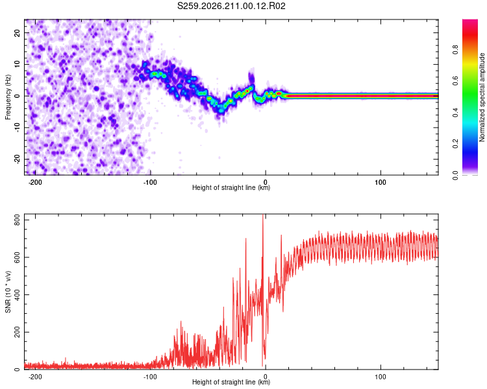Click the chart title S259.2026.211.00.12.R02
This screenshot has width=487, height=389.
click(x=231, y=6)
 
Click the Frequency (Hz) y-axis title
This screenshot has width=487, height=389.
click(x=8, y=97)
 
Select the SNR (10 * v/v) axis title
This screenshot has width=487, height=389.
click(x=8, y=292)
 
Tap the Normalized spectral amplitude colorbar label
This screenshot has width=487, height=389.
click(x=482, y=97)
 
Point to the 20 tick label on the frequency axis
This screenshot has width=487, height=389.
click(x=17, y=33)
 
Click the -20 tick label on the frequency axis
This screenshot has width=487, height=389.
click(x=17, y=159)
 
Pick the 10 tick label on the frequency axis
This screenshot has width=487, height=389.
click(x=17, y=64)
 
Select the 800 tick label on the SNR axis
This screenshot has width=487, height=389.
click(x=17, y=220)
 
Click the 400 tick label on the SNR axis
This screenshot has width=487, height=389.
click(x=17, y=295)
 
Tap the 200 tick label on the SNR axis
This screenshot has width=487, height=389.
click(x=17, y=332)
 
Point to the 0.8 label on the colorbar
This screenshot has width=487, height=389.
click(x=455, y=49)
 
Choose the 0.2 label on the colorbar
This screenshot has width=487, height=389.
click(x=455, y=143)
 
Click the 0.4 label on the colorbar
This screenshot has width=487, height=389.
click(x=455, y=112)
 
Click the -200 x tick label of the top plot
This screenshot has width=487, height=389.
click(x=35, y=182)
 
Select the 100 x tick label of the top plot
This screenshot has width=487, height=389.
click(x=381, y=182)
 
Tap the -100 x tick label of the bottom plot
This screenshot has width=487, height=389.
click(x=150, y=377)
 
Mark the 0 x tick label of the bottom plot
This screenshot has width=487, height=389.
click(x=265, y=377)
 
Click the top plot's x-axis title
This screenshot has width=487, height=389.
click(x=231, y=187)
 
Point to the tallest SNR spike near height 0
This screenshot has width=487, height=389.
click(x=263, y=215)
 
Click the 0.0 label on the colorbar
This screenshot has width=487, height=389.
click(x=455, y=175)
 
